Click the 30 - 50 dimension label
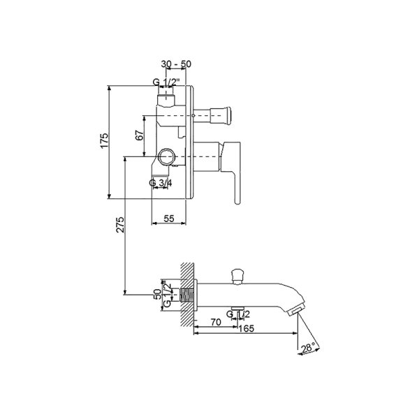click(x=176, y=64)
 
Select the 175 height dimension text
click(x=104, y=140)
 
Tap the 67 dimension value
click(x=140, y=135)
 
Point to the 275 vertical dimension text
click(x=120, y=224)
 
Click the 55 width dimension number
click(x=168, y=219)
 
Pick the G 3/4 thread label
click(x=161, y=183)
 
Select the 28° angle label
click(x=307, y=348)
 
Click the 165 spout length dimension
click(x=246, y=328)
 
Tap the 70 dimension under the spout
click(x=216, y=322)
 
